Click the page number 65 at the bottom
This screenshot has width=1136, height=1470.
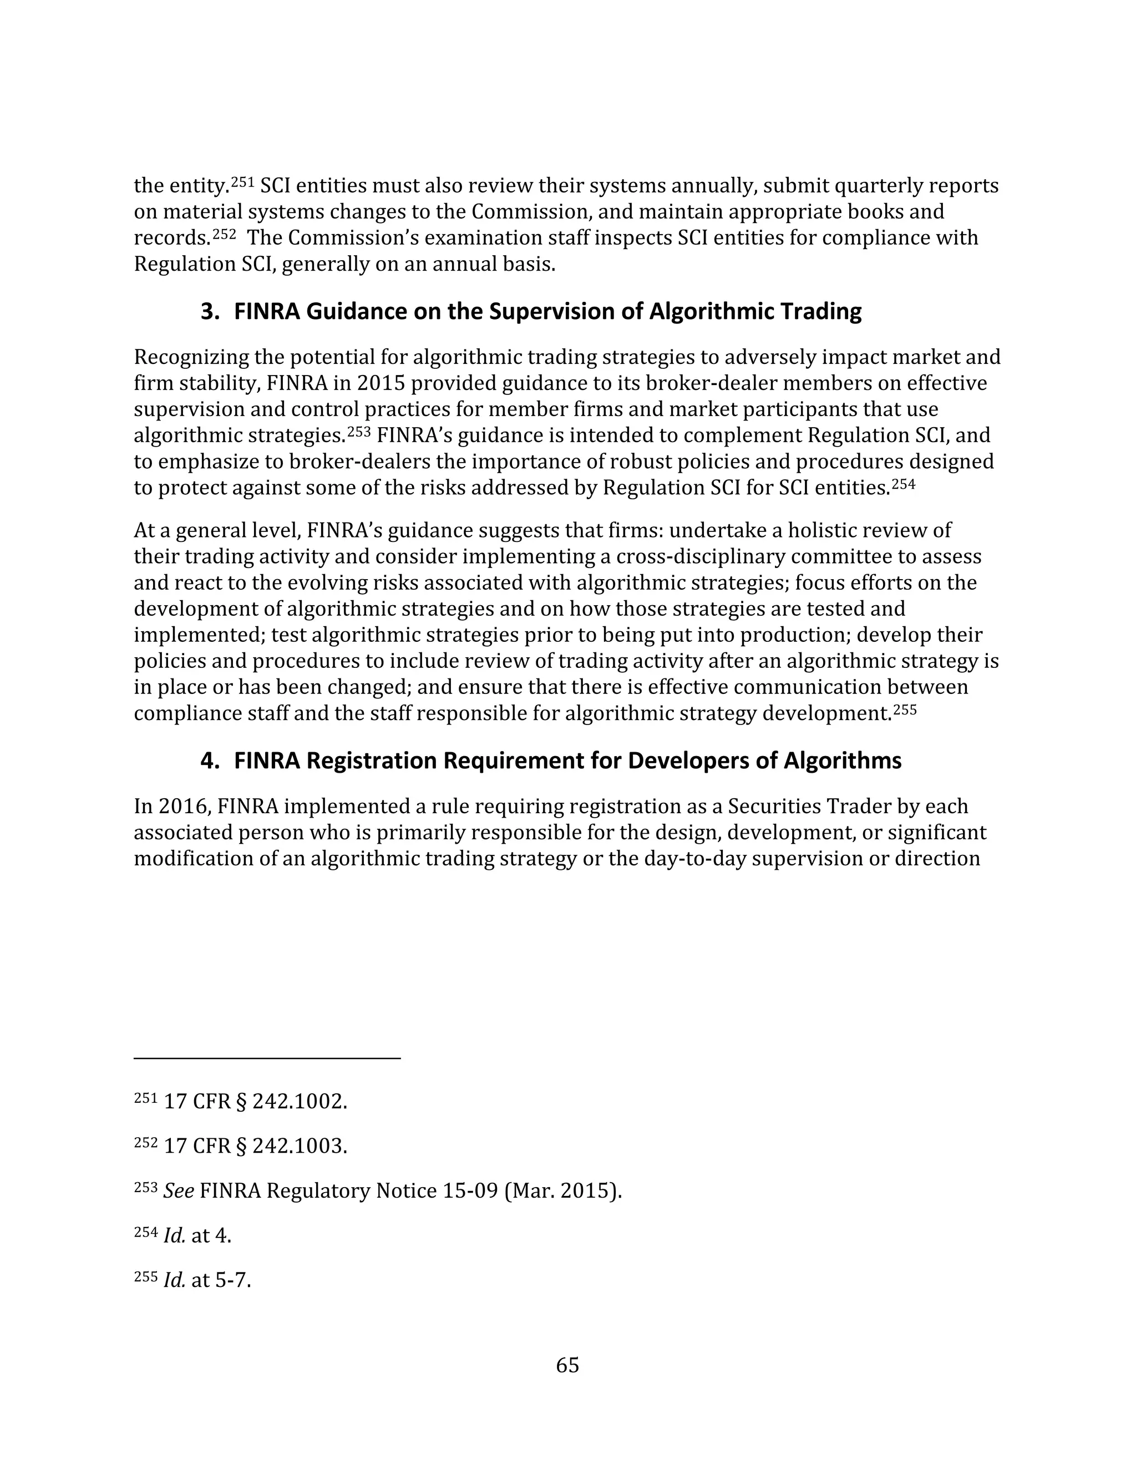pos(567,1365)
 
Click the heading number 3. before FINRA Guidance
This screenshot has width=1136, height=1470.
pos(211,312)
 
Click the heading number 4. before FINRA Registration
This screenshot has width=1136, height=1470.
pos(211,761)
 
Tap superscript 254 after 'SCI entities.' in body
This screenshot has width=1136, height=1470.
pos(903,484)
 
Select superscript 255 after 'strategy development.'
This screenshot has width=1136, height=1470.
pos(905,709)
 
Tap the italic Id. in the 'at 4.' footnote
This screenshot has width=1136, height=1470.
pos(174,1235)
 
